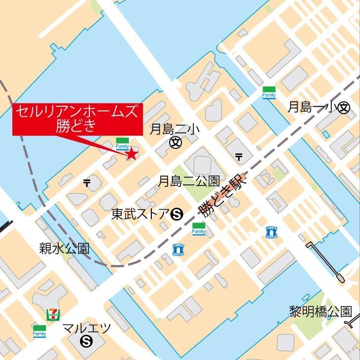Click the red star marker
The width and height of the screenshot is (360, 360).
[132, 154]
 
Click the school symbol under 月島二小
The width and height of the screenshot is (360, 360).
[176, 143]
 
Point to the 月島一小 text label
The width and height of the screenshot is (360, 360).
[312, 107]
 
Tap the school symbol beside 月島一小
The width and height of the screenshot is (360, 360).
[344, 108]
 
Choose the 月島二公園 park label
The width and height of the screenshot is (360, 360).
[188, 181]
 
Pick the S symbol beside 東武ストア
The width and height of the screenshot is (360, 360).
[177, 215]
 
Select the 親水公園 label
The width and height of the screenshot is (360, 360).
[64, 248]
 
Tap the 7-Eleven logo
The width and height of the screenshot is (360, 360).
[51, 314]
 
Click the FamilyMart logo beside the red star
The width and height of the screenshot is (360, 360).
[122, 144]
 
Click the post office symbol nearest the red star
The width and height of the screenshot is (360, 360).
[87, 183]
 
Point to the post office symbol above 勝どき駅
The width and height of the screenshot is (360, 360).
[239, 157]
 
